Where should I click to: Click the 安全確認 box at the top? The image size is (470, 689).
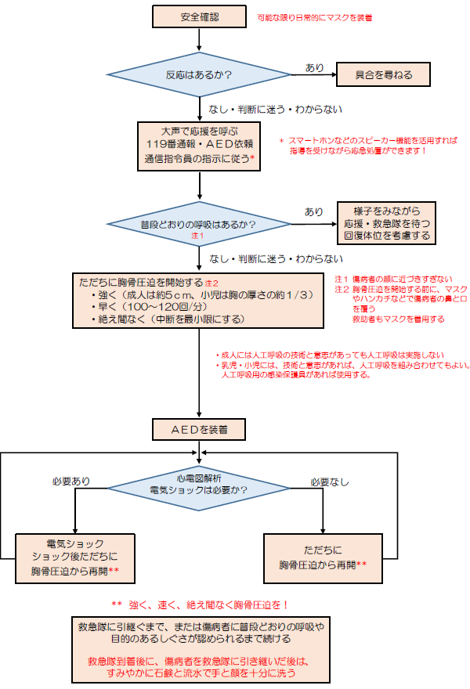click(200, 16)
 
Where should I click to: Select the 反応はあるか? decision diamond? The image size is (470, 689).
click(200, 75)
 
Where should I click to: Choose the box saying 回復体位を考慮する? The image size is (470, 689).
click(391, 223)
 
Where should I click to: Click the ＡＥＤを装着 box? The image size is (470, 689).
click(200, 429)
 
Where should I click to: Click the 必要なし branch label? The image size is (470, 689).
click(330, 482)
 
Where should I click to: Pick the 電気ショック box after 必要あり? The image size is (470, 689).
click(75, 557)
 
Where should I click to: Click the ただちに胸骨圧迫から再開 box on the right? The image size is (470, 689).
click(324, 557)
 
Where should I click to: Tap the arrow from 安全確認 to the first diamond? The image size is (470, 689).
click(200, 39)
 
